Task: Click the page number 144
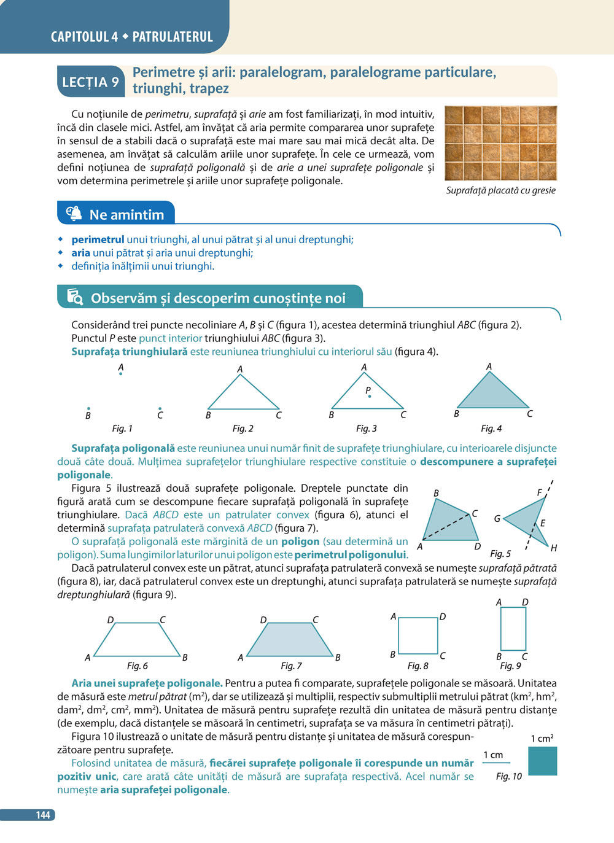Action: click(42, 815)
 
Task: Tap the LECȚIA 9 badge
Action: click(90, 82)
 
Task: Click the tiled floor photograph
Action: click(500, 143)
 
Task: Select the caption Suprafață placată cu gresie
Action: click(500, 190)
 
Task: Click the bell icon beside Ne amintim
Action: click(74, 214)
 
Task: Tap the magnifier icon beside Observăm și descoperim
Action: click(75, 297)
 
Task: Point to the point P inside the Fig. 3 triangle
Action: click(369, 396)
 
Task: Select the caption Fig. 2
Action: click(243, 429)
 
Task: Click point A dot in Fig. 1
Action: click(120, 373)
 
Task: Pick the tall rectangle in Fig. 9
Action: click(513, 629)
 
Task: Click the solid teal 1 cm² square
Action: click(542, 761)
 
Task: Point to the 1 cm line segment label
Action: click(493, 755)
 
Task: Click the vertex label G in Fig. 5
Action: click(497, 518)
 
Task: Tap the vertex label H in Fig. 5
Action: click(553, 548)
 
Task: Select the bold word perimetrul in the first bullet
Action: click(98, 239)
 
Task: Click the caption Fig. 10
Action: click(508, 776)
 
